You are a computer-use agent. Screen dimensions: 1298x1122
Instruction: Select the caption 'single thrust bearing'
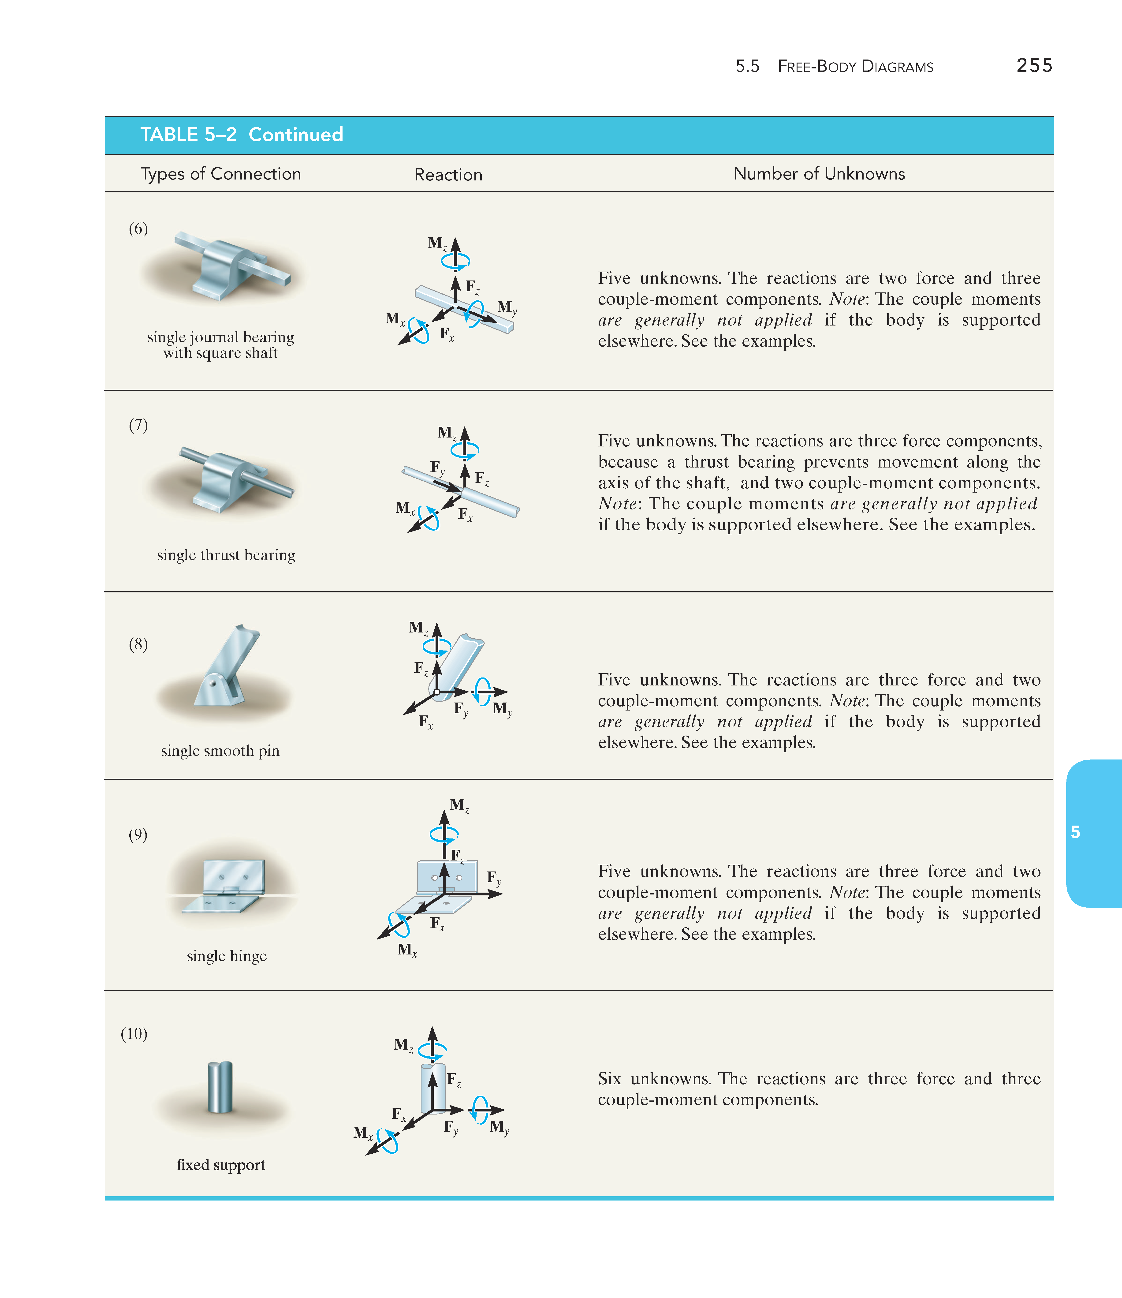tap(226, 555)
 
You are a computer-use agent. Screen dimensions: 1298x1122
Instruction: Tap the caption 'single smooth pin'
tap(220, 751)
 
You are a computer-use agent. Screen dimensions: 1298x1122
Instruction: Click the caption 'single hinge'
tap(226, 956)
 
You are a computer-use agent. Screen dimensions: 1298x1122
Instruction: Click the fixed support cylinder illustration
tap(220, 1087)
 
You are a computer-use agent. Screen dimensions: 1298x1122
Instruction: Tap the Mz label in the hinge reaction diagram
tap(459, 806)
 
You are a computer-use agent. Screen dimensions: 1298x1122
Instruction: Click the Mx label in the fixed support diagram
tap(363, 1133)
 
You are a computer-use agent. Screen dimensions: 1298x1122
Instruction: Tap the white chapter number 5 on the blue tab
tap(1075, 832)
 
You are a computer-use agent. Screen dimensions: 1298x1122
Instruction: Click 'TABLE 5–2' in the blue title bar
tap(188, 135)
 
